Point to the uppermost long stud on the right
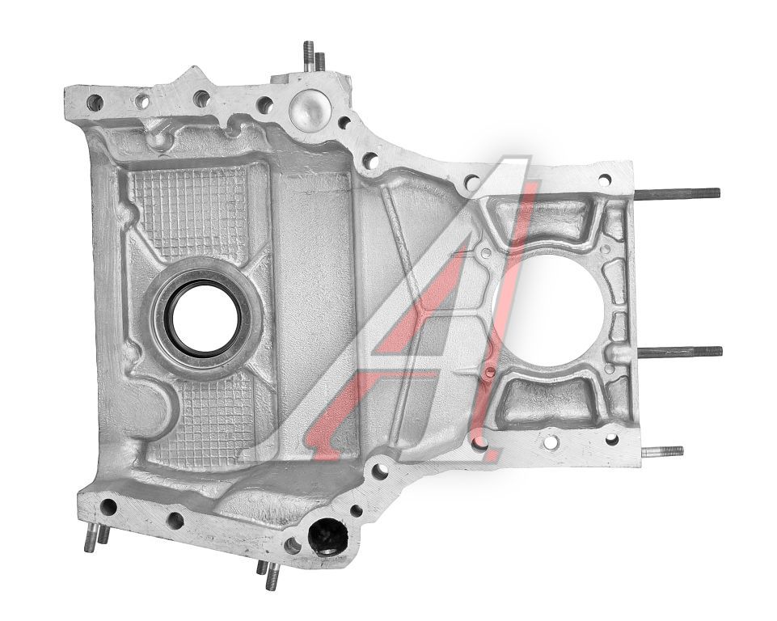coord(677,194)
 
